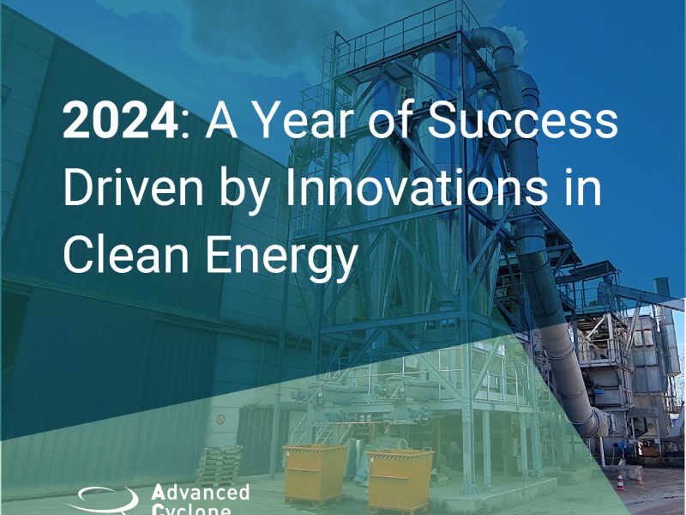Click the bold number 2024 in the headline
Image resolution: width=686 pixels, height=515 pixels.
pyautogui.click(x=120, y=120)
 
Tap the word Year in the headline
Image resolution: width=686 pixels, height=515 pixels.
pyautogui.click(x=301, y=120)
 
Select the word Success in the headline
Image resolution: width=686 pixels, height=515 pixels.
pyautogui.click(x=523, y=120)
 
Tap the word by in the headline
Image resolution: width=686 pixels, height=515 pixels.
pyautogui.click(x=244, y=191)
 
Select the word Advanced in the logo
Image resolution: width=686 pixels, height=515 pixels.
pyautogui.click(x=200, y=492)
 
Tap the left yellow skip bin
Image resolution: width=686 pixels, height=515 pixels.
pyautogui.click(x=315, y=473)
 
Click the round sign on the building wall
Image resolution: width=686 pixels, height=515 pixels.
pyautogui.click(x=220, y=420)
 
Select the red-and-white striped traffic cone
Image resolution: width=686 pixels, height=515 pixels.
pyautogui.click(x=619, y=482)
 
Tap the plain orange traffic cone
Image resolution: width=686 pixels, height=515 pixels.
pyautogui.click(x=639, y=477)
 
